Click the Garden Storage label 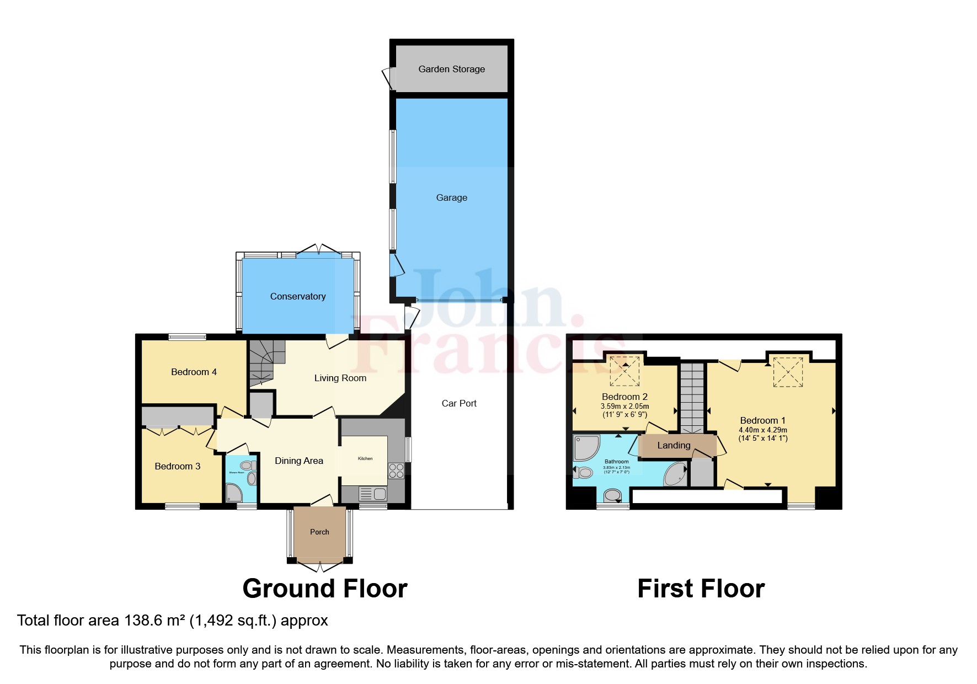point(451,69)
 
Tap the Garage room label point(451,197)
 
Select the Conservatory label point(298,296)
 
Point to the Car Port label point(459,403)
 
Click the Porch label point(319,532)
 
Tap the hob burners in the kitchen point(396,471)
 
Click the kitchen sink point(373,493)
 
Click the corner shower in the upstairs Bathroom point(585,447)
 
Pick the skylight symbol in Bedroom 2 point(625,371)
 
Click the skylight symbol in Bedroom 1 point(788,372)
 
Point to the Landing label point(674,445)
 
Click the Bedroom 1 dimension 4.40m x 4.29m point(763,430)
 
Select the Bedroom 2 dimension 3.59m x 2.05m point(624,406)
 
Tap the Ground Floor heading point(325,589)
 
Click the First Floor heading point(701,589)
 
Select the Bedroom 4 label point(194,372)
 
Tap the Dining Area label point(299,461)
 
